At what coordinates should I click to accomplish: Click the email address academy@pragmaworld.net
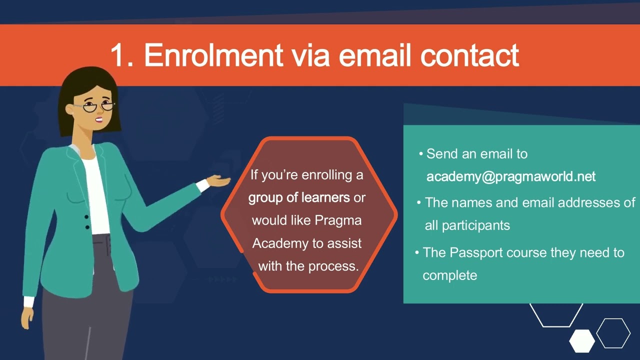coord(511,176)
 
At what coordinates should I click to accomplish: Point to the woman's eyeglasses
coord(98,106)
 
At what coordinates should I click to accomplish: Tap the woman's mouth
coord(99,119)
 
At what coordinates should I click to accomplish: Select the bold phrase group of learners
coord(299,197)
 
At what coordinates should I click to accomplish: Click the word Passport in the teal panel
coord(476,252)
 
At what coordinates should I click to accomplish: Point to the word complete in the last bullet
coord(449,275)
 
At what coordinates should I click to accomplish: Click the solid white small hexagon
coord(582,340)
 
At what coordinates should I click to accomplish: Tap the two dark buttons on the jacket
coord(87,222)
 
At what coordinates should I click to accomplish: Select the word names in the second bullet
coord(467,202)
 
